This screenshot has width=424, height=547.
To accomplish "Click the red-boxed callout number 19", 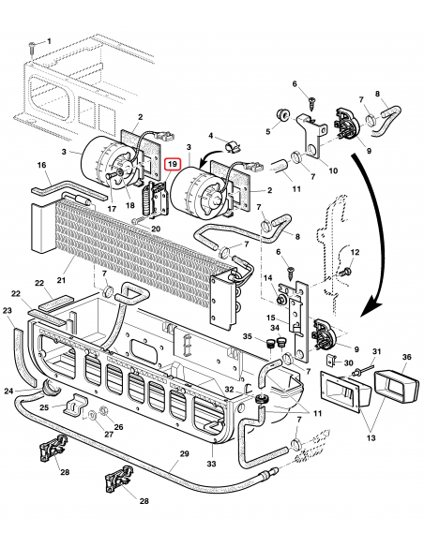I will coord(172,163).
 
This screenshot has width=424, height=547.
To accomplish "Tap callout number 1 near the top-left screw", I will coord(50,41).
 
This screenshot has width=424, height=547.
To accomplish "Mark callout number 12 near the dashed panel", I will coord(356,254).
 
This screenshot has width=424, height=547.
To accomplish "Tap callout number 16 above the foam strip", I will coord(41,166).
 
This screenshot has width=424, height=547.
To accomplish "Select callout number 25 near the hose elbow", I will coord(44,408).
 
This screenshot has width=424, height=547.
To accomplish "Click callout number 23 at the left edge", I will coord(8,310).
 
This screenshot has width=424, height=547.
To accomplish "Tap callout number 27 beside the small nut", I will coord(108,434).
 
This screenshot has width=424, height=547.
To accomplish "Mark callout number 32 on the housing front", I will coord(229,389).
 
